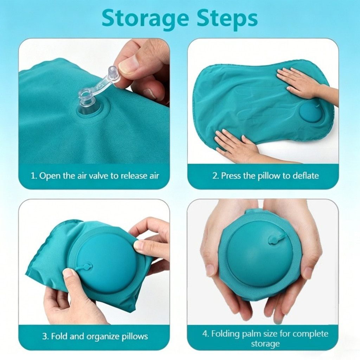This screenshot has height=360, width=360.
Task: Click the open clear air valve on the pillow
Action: coord(87,101)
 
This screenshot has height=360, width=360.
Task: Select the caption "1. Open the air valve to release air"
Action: coord(95,176)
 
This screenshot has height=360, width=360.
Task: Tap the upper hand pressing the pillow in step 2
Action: coord(306,83)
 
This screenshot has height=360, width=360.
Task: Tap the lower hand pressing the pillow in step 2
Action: coord(239,144)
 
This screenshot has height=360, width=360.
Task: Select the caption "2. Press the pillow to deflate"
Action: coord(265,176)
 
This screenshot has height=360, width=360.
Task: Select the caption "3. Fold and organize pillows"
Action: coord(95,336)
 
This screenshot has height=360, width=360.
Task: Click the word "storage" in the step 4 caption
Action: coord(265,344)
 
